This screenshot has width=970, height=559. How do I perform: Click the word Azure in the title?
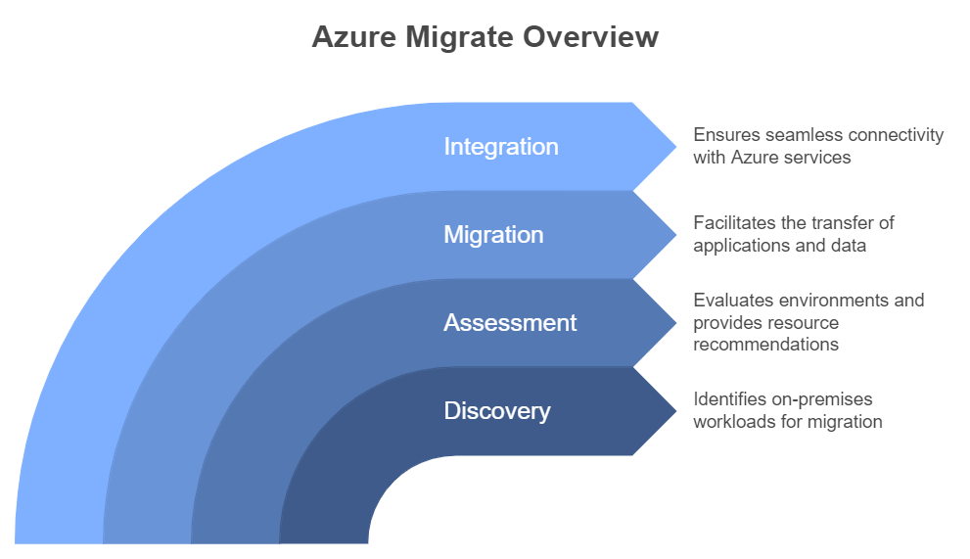pos(354,36)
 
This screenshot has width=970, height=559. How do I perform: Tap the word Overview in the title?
pos(591,36)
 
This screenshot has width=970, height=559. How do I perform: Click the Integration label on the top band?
pos(501,147)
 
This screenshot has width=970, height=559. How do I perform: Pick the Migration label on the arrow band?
pos(493,235)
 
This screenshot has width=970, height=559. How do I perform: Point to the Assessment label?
pos(510,322)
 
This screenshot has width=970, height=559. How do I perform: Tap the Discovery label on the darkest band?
pos(497,411)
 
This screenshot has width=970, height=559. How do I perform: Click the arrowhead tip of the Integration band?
pos(676,147)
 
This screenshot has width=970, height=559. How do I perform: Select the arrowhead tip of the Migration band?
pos(676,235)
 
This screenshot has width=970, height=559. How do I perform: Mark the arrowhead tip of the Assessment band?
pos(676,322)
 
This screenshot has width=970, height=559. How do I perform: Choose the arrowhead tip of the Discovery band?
pos(676,410)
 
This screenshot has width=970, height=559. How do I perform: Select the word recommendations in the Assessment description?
pos(765,345)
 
